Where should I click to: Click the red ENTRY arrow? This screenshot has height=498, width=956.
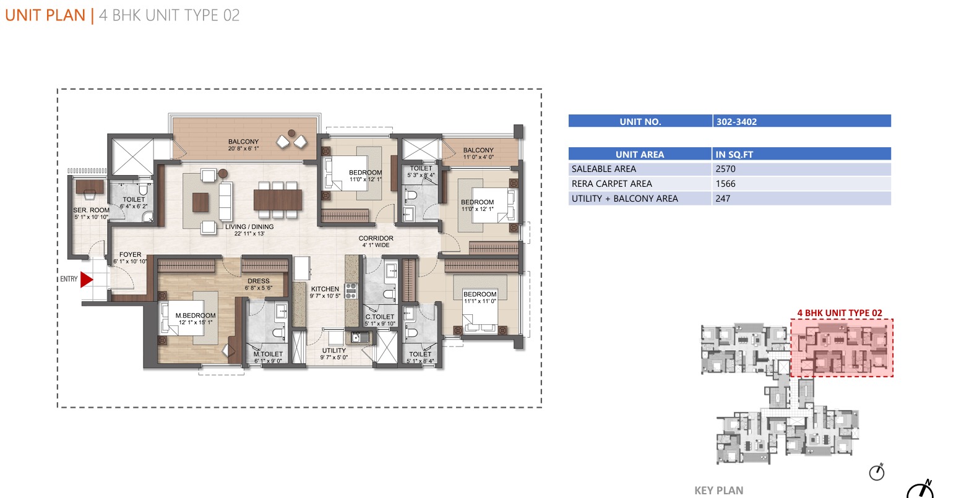[86, 280]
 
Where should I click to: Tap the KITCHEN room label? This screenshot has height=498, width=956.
[325, 289]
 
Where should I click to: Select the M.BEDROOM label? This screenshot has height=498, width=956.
[196, 316]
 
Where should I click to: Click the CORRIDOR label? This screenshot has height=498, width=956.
[376, 238]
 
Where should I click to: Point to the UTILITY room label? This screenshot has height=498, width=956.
[334, 350]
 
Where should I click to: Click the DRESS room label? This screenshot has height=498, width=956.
[259, 281]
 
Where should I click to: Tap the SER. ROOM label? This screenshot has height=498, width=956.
[91, 210]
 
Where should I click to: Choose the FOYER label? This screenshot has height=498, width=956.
[130, 254]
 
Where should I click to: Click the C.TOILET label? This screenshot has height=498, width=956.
[380, 317]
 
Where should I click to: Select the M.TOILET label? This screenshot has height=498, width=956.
[268, 354]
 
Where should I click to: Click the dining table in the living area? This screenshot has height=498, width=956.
[277, 200]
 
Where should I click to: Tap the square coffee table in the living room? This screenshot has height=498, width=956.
[200, 202]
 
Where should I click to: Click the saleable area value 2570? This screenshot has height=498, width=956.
[726, 169]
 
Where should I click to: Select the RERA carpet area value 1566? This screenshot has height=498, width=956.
[726, 184]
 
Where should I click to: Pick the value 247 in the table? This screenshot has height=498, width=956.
[723, 199]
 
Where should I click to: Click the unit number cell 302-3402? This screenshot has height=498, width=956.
[736, 122]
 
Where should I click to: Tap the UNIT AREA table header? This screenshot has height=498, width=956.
[640, 155]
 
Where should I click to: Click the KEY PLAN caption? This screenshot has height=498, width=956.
[719, 491]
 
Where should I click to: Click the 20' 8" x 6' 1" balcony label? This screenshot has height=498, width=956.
[243, 148]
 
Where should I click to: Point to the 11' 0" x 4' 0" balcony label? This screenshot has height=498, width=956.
[478, 157]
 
